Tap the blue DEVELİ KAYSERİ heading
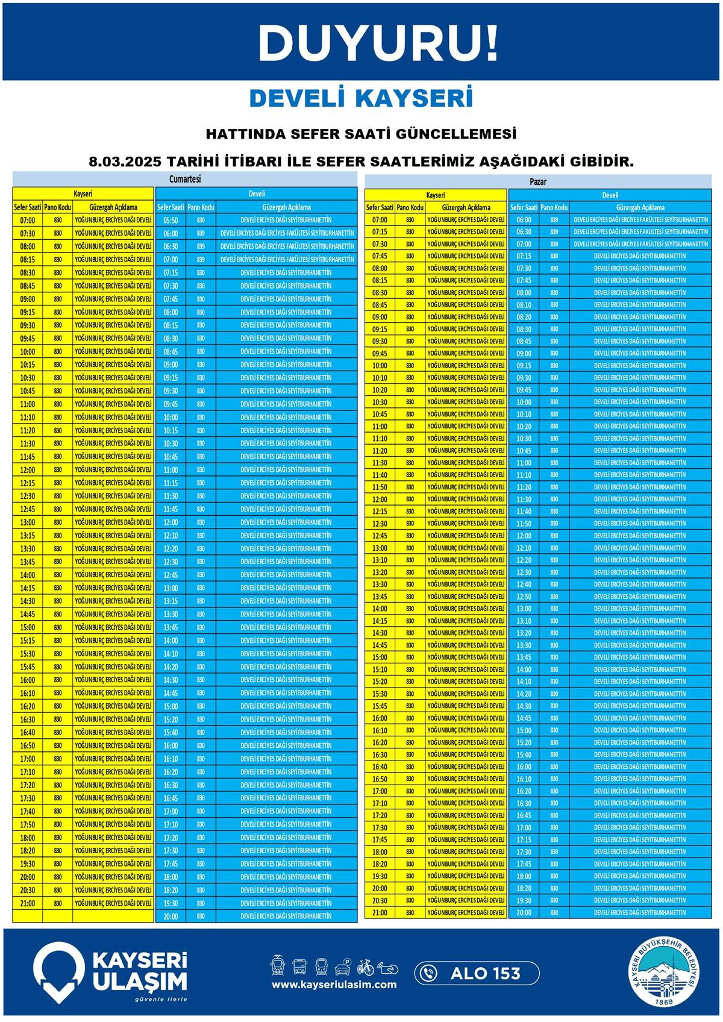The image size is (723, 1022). (x=361, y=98)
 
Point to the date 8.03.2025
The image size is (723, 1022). (x=124, y=162)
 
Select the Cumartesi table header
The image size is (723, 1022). (x=185, y=179)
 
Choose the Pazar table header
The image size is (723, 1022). (x=538, y=181)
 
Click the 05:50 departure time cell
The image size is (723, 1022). (x=171, y=221)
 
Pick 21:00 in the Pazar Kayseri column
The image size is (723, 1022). (x=380, y=912)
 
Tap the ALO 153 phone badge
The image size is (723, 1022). (x=477, y=973)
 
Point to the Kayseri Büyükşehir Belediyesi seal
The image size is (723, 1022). (x=665, y=973)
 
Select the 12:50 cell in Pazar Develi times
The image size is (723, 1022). (x=524, y=597)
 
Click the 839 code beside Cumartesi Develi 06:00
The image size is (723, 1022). (x=201, y=233)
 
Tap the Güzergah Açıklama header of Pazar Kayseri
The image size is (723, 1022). (x=466, y=207)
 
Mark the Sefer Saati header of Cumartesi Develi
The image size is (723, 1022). (x=171, y=207)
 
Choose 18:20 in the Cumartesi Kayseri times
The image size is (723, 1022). (x=28, y=851)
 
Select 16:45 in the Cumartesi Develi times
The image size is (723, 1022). (x=171, y=798)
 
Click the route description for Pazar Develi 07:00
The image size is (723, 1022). (x=640, y=244)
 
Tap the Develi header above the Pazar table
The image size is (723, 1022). (x=610, y=195)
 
